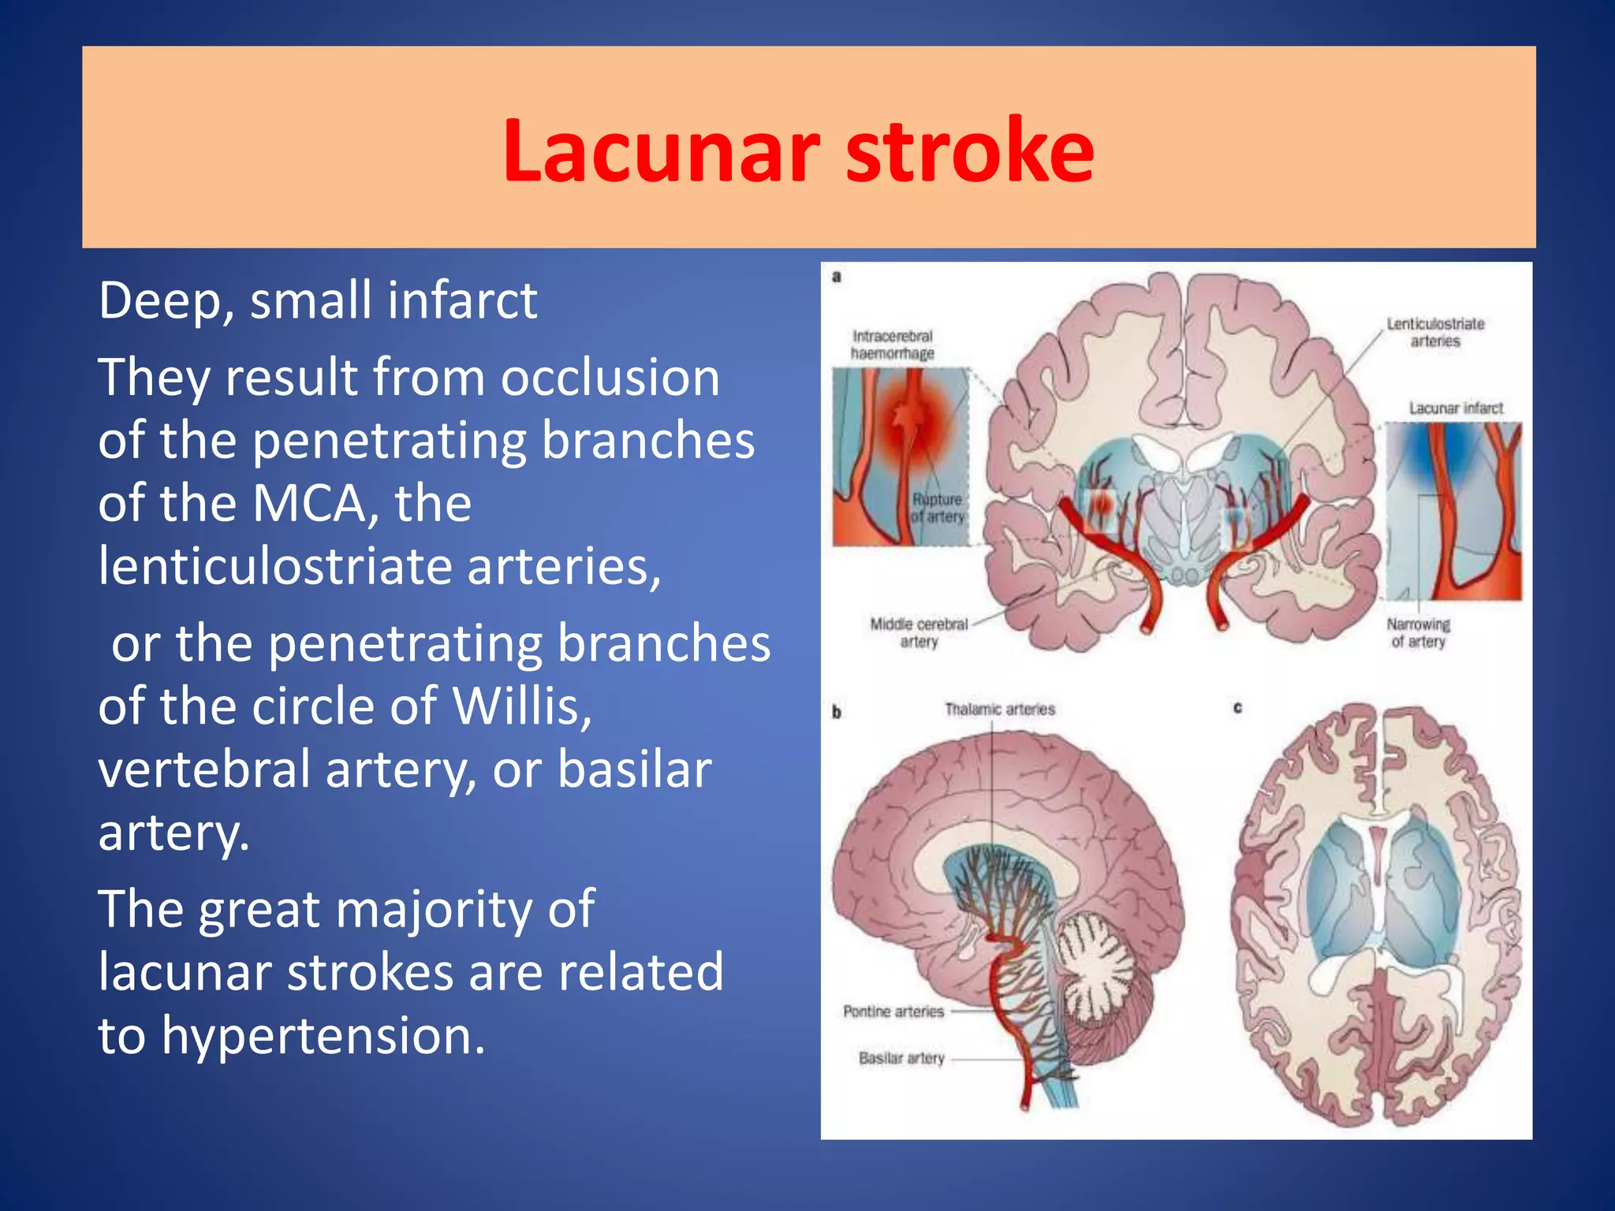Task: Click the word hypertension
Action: coord(323,1035)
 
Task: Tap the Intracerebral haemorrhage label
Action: coord(892,345)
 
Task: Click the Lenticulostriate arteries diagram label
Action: coord(1435,332)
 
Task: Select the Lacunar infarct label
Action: coord(1456,408)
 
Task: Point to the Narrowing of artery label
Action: coord(1418,633)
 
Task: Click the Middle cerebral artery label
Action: coord(919,632)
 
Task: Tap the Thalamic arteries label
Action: coord(999,710)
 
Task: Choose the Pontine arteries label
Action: coord(893,1012)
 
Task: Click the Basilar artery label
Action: coord(901,1058)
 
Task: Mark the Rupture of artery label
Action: coord(937,509)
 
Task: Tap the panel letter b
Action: coord(837,712)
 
